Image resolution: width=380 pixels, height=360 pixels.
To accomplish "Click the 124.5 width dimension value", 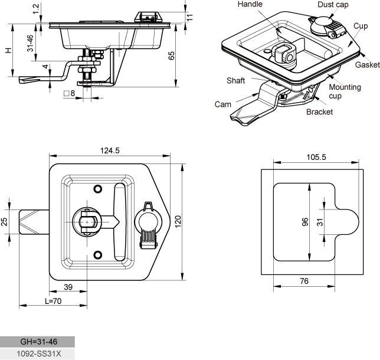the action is (110, 150).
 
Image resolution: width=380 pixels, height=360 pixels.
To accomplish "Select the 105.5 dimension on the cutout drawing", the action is (316, 157).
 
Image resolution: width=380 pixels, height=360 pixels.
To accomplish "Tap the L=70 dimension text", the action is (53, 301).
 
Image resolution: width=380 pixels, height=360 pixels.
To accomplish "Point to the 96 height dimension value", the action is (305, 222).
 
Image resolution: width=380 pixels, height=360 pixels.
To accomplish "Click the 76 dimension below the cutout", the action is (304, 281).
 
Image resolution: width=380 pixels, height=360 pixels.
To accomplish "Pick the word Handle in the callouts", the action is (250, 4).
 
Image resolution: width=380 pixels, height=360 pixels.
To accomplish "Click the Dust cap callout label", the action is (333, 5).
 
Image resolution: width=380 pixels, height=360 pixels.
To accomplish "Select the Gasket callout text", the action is (368, 65).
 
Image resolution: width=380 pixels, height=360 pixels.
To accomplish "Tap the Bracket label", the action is (319, 112).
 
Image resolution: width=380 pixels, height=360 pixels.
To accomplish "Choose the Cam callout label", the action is (222, 104).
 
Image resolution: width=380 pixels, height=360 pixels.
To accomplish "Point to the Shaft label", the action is (235, 80).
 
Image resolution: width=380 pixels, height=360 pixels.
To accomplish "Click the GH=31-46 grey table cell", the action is (37, 342).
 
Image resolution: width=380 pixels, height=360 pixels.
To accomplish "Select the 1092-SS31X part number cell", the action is (37, 354).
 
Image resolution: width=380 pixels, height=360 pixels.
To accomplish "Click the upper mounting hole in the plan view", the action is (98, 189).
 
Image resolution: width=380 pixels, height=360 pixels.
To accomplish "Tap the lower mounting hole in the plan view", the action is (98, 255).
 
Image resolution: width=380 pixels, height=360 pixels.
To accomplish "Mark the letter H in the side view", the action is (8, 50).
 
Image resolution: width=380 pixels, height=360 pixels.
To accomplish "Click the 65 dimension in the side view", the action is (171, 55).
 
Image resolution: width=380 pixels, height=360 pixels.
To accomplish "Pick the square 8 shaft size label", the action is (69, 93).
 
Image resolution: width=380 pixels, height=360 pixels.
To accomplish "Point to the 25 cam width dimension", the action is (4, 222).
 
